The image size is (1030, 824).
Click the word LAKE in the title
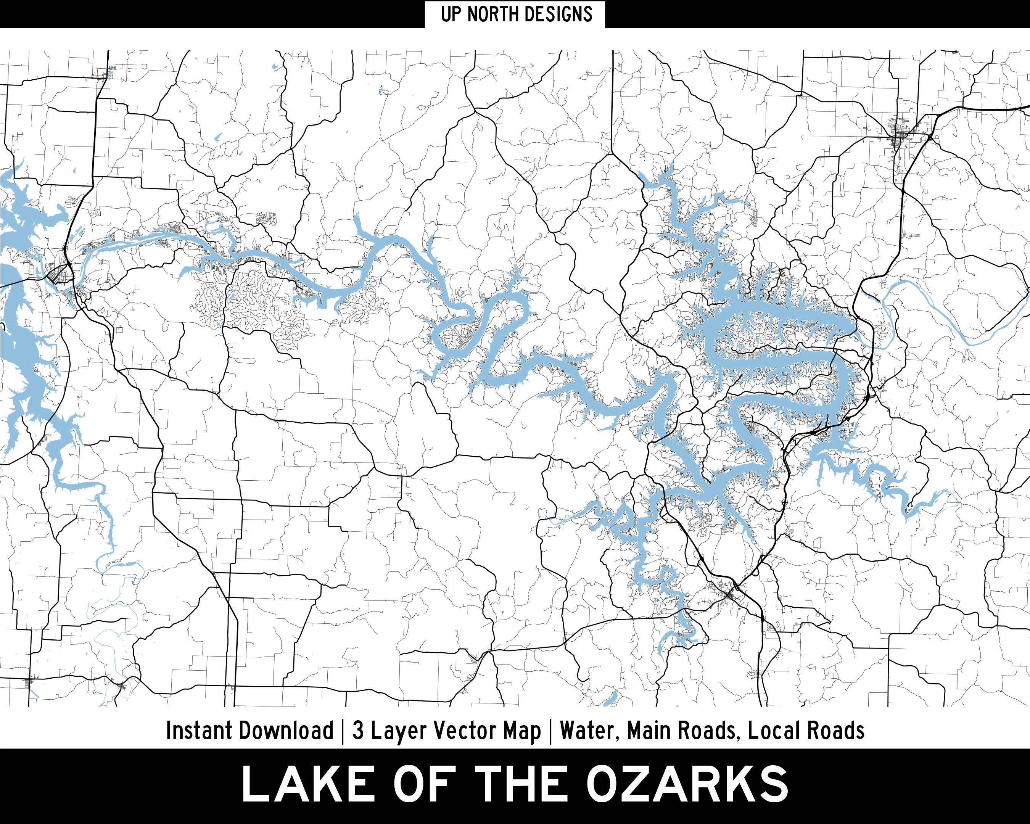click(308, 784)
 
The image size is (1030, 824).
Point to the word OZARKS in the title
click(687, 784)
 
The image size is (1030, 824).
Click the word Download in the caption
click(286, 731)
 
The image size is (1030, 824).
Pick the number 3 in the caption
click(358, 731)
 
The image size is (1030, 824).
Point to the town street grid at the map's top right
click(901, 128)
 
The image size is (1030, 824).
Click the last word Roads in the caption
click(835, 731)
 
